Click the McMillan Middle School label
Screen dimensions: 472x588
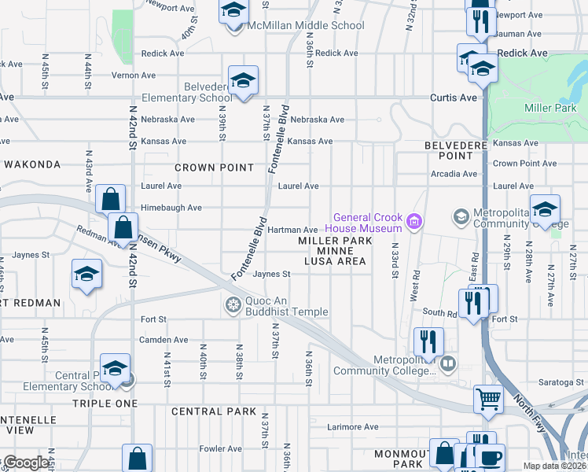pyautogui.click(x=307, y=25)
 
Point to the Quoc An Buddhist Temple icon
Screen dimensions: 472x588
pyautogui.click(x=233, y=305)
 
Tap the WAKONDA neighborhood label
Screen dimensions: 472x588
pyautogui.click(x=32, y=164)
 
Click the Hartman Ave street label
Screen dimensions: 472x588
pyautogui.click(x=292, y=230)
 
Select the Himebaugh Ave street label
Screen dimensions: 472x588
pyautogui.click(x=171, y=208)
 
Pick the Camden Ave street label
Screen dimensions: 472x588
pyautogui.click(x=164, y=340)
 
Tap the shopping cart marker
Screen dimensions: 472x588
pyautogui.click(x=488, y=400)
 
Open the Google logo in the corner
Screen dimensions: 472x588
pyautogui.click(x=26, y=463)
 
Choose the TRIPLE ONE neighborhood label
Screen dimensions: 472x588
pyautogui.click(x=105, y=403)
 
